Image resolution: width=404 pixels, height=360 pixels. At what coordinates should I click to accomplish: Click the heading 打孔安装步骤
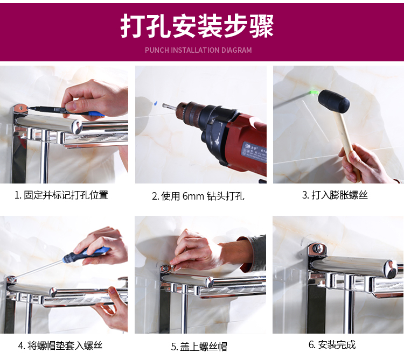pos(197,26)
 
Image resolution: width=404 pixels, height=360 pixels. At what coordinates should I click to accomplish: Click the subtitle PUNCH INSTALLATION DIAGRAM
pos(198,50)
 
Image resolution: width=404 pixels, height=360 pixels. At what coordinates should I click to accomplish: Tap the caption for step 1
pos(61,195)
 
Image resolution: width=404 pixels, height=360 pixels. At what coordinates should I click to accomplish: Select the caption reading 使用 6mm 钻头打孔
pos(198,196)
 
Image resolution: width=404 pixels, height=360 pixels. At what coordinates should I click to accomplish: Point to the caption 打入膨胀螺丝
pos(335,195)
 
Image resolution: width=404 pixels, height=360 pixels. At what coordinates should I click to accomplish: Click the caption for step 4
pos(60,345)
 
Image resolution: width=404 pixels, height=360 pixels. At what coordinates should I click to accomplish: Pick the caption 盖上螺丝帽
pos(199,347)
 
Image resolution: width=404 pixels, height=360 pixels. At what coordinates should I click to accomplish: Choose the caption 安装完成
pos(332,344)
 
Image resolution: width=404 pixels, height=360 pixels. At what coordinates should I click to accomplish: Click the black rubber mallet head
pos(333,101)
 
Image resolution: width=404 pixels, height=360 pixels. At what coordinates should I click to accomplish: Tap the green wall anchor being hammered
pos(314,92)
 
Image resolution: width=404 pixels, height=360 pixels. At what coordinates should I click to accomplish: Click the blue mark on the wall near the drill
pos(155,103)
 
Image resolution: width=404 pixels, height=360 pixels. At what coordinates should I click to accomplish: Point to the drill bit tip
pos(163,105)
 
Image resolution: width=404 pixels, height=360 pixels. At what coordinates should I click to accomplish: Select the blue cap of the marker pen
pos(96,114)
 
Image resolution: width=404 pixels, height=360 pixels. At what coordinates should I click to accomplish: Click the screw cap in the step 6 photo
pos(319,248)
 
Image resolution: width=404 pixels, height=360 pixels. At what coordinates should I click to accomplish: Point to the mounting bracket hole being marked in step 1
pos(21,109)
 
